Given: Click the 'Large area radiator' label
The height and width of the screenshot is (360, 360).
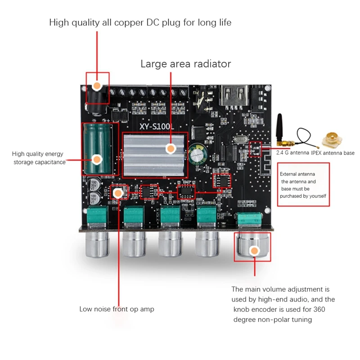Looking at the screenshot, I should click(185, 64).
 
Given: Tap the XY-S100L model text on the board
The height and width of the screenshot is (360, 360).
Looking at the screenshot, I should click(156, 127).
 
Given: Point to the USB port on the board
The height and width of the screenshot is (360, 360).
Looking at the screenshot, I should click(235, 95).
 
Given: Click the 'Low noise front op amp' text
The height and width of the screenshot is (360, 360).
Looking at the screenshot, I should click(117, 309).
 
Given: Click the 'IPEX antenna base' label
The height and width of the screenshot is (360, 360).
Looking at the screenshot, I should click(333, 153).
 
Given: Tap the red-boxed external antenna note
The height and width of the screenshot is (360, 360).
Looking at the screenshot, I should click(303, 184).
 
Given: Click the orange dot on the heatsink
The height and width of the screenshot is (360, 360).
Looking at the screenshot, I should click(170, 148).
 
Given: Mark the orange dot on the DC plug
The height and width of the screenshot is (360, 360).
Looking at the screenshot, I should click(97, 85).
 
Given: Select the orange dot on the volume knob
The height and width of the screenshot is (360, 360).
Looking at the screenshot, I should click(254, 251).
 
